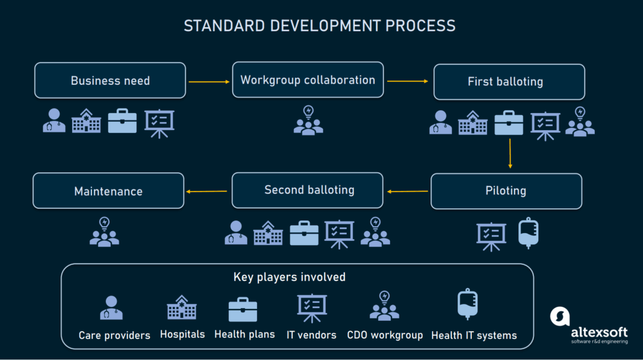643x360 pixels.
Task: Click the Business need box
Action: click(110, 81)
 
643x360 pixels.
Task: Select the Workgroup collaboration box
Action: click(308, 80)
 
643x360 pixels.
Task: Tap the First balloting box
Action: click(509, 82)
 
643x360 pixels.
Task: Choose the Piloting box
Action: click(506, 191)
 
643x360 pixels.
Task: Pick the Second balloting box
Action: click(308, 190)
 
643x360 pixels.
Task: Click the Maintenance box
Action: click(108, 191)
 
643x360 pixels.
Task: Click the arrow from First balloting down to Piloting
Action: click(510, 154)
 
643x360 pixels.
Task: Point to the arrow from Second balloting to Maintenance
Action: click(207, 191)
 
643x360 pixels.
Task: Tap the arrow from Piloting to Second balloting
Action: click(407, 191)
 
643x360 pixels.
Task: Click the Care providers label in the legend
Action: click(114, 335)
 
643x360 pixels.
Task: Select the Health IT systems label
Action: click(474, 335)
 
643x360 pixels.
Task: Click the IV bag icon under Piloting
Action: click(528, 233)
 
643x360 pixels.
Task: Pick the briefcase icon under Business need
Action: click(122, 121)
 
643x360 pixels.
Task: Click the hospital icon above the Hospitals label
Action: click(182, 308)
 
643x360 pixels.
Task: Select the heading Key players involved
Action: click(290, 278)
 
